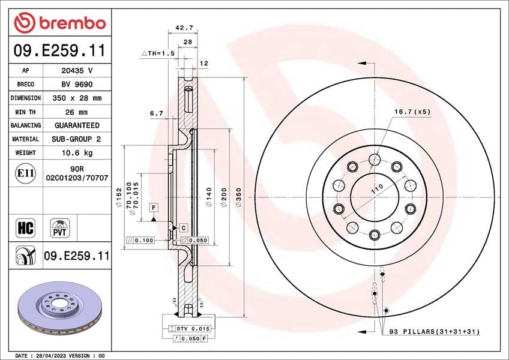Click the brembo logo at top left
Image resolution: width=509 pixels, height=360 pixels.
(60, 23)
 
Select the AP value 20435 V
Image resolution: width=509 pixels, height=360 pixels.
(77, 70)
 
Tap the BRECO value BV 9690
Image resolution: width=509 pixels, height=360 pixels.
(77, 85)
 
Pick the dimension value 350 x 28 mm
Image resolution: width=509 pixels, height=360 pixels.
(77, 98)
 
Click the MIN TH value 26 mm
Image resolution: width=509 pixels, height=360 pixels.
(77, 112)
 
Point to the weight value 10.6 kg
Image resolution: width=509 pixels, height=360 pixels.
(77, 152)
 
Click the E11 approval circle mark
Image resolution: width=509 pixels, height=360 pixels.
(25, 173)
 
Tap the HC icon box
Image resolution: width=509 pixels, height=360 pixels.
(25, 228)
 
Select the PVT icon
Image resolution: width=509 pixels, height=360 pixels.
(60, 228)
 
